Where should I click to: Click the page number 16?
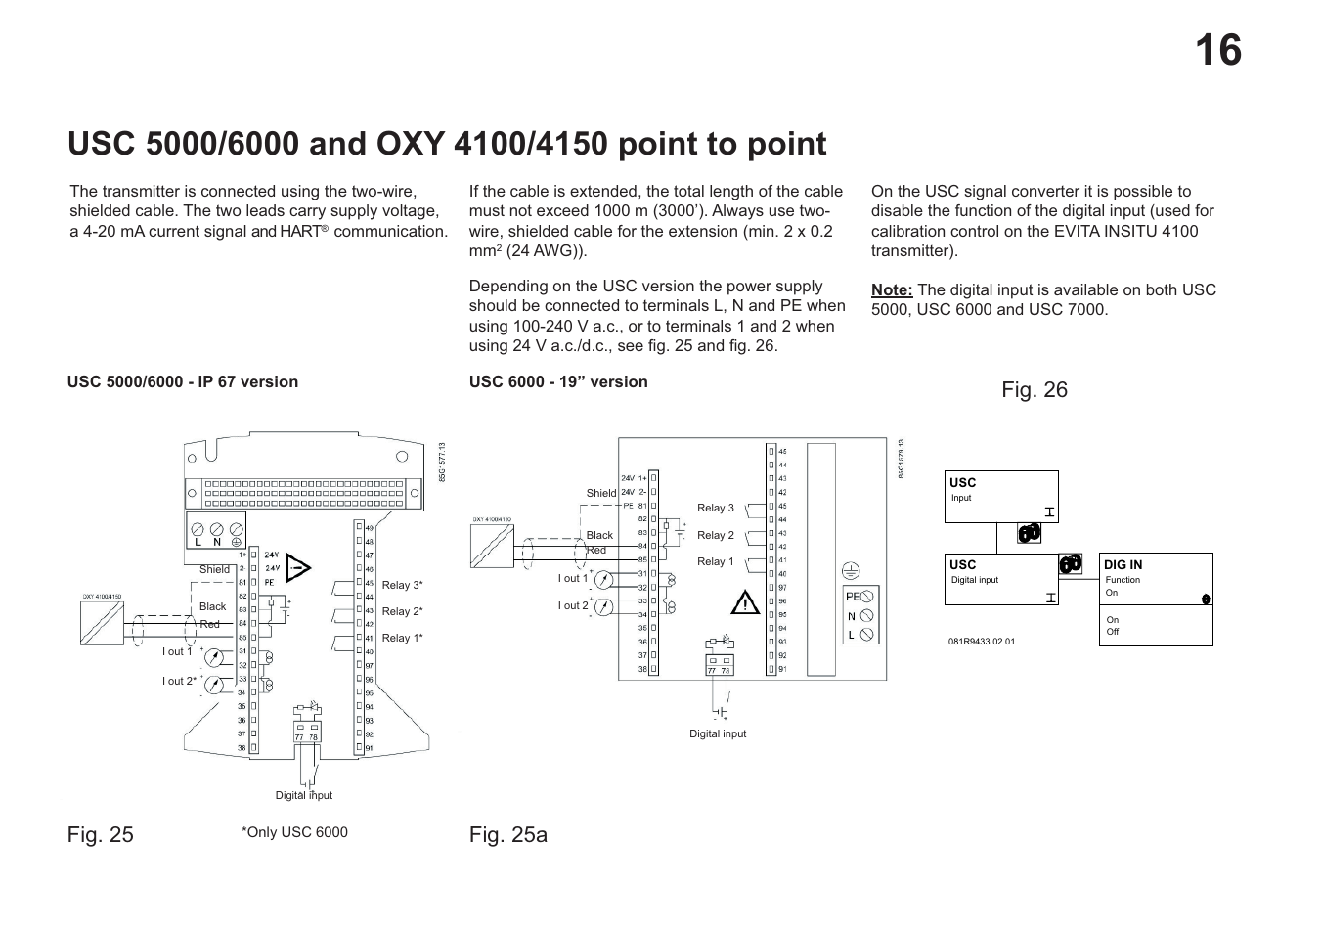(x=1217, y=50)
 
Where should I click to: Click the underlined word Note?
(x=891, y=289)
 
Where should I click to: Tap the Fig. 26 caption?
(x=1034, y=390)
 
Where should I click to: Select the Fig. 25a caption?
(x=507, y=834)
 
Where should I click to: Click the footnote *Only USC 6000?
(x=294, y=832)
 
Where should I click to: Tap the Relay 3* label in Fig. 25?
(x=402, y=585)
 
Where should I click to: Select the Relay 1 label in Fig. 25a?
(x=715, y=561)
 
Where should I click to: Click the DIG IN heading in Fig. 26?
(x=1123, y=564)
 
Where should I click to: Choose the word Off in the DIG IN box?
(x=1112, y=632)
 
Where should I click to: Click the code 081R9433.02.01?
(x=981, y=642)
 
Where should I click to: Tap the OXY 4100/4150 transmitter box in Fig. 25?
(x=102, y=623)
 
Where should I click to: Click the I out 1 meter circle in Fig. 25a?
(x=603, y=579)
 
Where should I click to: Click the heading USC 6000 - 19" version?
(x=557, y=381)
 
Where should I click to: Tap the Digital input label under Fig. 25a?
(x=717, y=733)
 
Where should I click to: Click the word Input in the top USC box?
(x=961, y=498)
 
